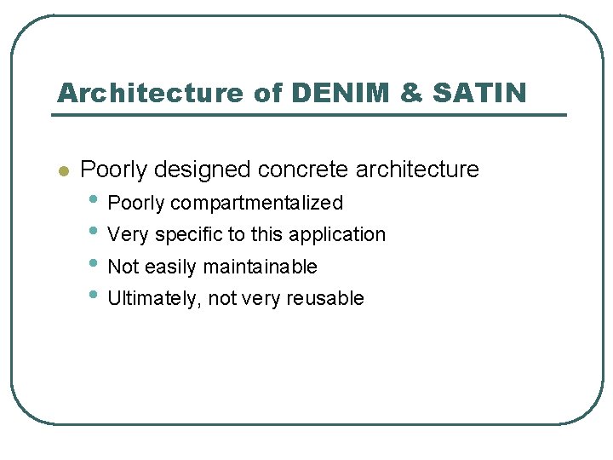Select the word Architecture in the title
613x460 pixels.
[x=150, y=93]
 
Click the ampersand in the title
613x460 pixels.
[x=410, y=93]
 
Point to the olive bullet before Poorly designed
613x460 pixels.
[x=61, y=170]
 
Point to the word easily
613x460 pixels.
[x=171, y=267]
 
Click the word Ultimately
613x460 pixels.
[x=151, y=298]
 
